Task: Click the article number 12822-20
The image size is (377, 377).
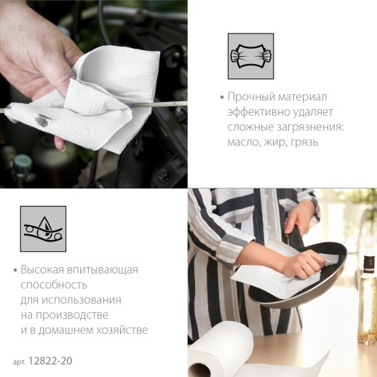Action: click(50, 361)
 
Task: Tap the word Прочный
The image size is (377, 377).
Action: click(251, 98)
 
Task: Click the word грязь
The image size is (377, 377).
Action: click(305, 143)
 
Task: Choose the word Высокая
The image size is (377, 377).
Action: click(42, 270)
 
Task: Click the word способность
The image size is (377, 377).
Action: click(54, 285)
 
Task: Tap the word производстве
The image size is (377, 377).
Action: click(72, 315)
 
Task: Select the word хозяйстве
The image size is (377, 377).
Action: click(122, 330)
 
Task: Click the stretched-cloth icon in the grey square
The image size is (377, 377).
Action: click(250, 56)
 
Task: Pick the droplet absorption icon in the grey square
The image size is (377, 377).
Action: click(43, 229)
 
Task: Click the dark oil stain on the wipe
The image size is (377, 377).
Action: click(42, 121)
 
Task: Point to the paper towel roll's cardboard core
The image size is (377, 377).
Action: click(199, 370)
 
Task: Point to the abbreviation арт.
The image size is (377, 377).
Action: click(20, 362)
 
